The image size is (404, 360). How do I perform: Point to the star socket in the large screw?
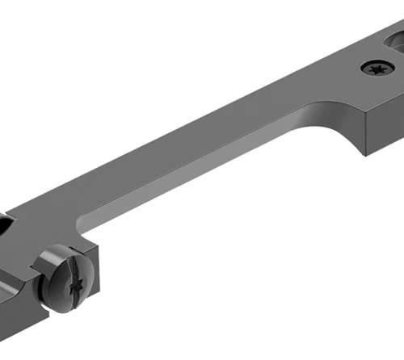point(74,283)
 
